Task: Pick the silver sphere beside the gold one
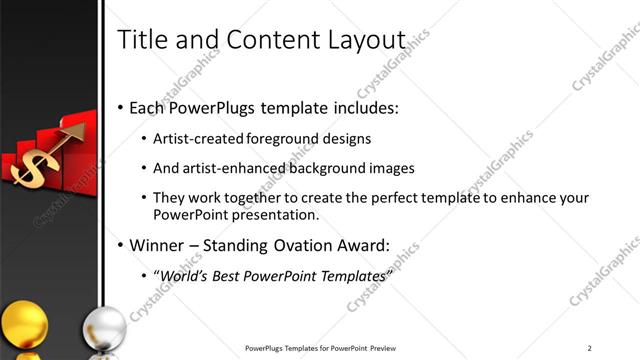[x=103, y=329]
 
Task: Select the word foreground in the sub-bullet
[x=285, y=139]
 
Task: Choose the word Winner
[x=158, y=245]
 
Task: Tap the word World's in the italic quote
[x=183, y=275]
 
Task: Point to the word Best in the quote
[x=229, y=275]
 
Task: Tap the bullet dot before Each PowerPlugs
[x=121, y=107]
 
